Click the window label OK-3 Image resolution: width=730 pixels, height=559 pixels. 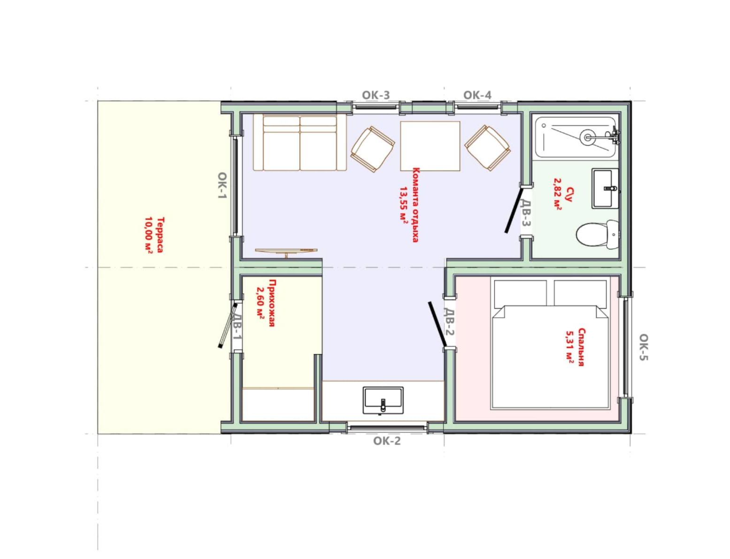(x=376, y=95)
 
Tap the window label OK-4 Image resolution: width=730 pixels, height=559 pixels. (x=477, y=95)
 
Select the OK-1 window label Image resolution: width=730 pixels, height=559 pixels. (x=222, y=186)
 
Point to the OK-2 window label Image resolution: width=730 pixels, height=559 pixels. (x=387, y=441)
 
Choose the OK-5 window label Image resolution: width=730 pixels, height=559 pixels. (x=644, y=347)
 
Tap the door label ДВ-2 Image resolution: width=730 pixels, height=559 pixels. (x=449, y=322)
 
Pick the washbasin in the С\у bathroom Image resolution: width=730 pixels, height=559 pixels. (x=605, y=189)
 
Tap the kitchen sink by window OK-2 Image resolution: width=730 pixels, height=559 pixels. (x=383, y=401)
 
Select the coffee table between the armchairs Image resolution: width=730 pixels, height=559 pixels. (x=430, y=146)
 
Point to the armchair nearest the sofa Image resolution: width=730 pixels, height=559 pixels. (x=372, y=149)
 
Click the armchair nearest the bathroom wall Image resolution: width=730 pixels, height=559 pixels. (x=488, y=148)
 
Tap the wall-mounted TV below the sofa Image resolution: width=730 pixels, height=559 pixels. (x=286, y=251)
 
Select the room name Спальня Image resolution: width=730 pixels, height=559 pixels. (x=582, y=348)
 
